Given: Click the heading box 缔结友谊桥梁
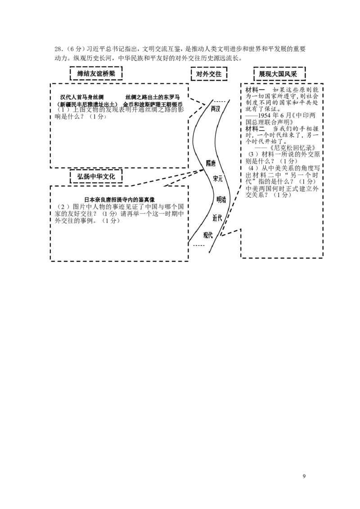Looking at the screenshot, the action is tap(96, 73).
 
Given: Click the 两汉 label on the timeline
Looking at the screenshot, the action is tap(216, 109).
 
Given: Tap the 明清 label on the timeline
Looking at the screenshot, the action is tap(221, 199).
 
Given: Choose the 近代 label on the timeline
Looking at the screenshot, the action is tap(217, 218).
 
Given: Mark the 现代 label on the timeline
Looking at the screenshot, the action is tap(207, 234).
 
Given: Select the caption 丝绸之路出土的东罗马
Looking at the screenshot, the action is tap(153, 97).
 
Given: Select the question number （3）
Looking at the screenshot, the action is tap(251, 154).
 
